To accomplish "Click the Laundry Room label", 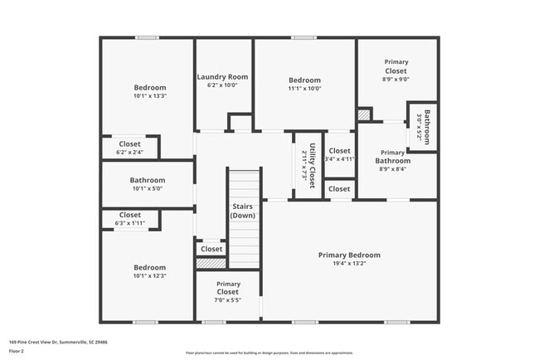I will click(x=222, y=77).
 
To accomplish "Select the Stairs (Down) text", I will click(x=243, y=211).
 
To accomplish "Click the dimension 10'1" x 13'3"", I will click(x=150, y=96).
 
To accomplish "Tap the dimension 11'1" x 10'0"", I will click(x=304, y=88).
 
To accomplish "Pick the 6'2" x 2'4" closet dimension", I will click(x=130, y=153).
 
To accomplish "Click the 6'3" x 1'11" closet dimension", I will click(x=130, y=223).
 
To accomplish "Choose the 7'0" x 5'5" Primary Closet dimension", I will click(x=228, y=301).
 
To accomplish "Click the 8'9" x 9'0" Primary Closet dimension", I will click(x=396, y=80).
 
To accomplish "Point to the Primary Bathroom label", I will click(x=392, y=157).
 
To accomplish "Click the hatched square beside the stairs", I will click(x=211, y=263).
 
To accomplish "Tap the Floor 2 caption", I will click(x=17, y=351).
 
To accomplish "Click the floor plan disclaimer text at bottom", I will click(x=269, y=352).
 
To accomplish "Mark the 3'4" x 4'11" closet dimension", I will click(x=338, y=158).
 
